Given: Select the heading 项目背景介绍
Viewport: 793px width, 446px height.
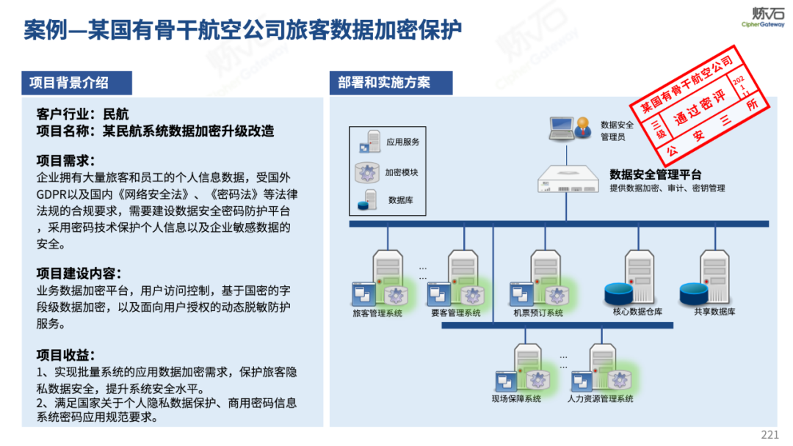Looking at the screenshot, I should click(69, 83).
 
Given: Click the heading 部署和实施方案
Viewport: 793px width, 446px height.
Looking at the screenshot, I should click(384, 83).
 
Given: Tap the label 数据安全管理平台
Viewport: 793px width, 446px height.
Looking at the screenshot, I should click(655, 175).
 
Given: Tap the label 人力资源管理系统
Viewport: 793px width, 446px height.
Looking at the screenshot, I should click(600, 399).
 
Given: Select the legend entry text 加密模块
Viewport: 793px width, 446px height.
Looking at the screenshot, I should click(402, 173).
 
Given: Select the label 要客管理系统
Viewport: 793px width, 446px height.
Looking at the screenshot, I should click(456, 313).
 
